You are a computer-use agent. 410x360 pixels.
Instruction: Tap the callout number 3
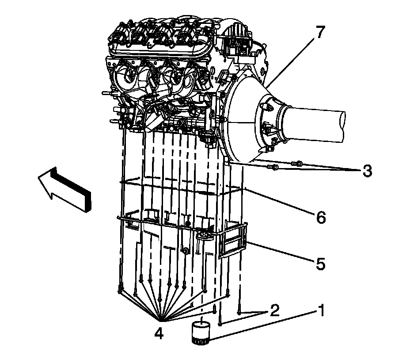click(367, 171)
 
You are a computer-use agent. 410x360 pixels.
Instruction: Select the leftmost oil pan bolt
click(119, 290)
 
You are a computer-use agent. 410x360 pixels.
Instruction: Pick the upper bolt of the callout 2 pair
click(239, 312)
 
